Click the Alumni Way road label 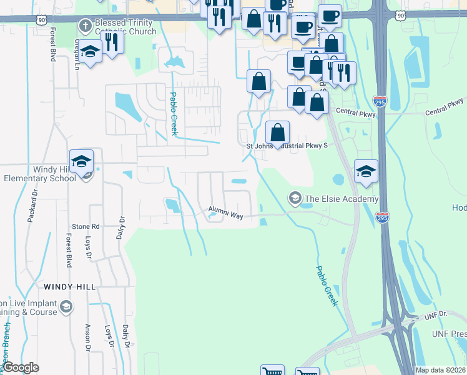tap(225, 214)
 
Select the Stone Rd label tap(86, 226)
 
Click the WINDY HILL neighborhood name tap(70, 286)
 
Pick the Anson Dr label tap(87, 337)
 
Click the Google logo tap(21, 368)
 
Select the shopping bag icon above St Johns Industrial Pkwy tap(278, 132)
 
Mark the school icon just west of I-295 tap(366, 171)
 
